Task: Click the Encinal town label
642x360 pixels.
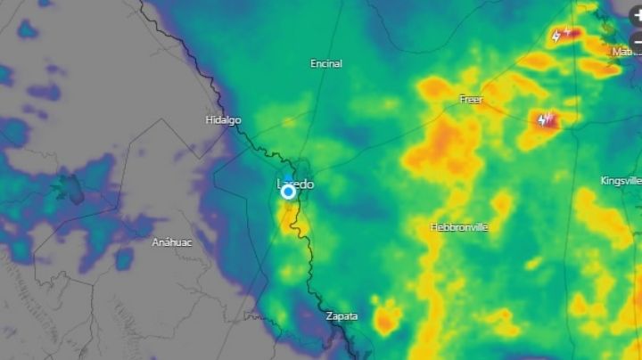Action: tap(325, 64)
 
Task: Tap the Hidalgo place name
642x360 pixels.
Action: tap(223, 120)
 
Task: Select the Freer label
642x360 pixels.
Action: tap(471, 100)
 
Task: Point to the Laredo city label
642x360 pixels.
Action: tap(296, 184)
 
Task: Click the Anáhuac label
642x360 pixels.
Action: tap(172, 242)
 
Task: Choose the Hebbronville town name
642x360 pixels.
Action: tap(459, 227)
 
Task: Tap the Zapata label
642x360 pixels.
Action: tap(342, 316)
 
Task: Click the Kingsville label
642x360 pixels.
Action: tap(621, 181)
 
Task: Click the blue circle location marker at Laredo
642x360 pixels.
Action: tap(288, 192)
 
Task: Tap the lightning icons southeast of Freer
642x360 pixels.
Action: tap(545, 119)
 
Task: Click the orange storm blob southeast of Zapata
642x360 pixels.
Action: tap(386, 318)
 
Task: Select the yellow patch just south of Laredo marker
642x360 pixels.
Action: tap(290, 218)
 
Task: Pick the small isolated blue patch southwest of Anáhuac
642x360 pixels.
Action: tap(123, 258)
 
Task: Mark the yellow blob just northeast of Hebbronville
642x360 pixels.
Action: tap(502, 203)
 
